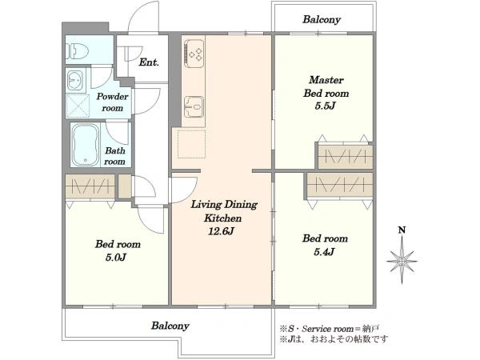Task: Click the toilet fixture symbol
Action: click(x=77, y=51)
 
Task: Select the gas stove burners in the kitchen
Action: click(x=194, y=54)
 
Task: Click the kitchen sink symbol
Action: click(x=194, y=106)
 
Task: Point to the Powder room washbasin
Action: click(x=74, y=80)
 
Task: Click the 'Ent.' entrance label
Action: click(x=149, y=62)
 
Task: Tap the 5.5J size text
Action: click(x=326, y=106)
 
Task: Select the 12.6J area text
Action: click(x=221, y=231)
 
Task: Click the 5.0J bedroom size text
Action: click(x=116, y=257)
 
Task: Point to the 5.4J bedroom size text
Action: click(x=325, y=252)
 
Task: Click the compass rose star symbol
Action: click(x=402, y=261)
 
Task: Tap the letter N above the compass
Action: click(x=402, y=230)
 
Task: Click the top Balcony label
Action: click(x=322, y=19)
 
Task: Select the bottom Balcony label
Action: click(x=170, y=326)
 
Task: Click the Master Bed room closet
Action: click(x=346, y=157)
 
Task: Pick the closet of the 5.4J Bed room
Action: click(x=340, y=186)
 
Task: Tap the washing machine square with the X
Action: click(x=78, y=106)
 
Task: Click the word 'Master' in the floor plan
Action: click(x=326, y=80)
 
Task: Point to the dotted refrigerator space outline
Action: click(x=191, y=144)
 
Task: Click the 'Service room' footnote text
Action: click(x=327, y=329)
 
